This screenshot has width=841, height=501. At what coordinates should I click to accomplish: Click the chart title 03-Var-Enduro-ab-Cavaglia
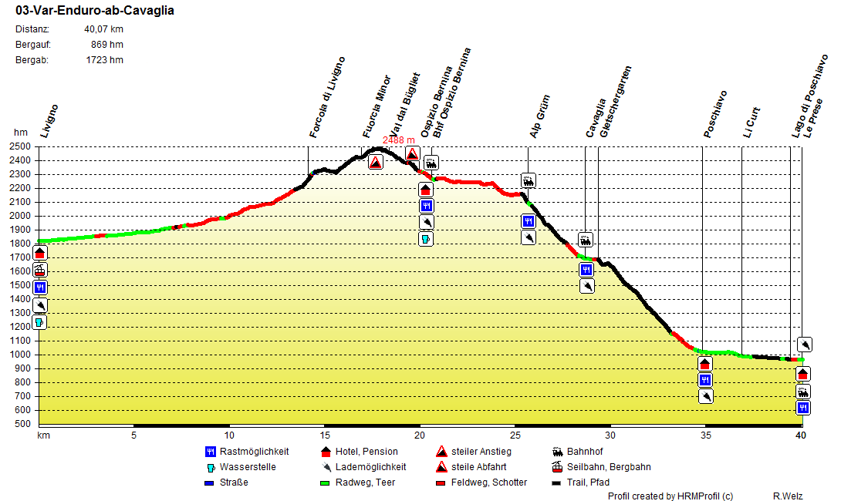94,11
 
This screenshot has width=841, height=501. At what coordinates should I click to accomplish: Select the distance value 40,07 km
103,29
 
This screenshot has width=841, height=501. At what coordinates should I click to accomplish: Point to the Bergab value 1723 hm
104,59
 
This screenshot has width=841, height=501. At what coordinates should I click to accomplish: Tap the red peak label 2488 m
400,140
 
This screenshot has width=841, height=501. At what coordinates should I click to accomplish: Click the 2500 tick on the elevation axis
21,146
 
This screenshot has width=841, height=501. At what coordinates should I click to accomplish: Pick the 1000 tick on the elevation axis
21,355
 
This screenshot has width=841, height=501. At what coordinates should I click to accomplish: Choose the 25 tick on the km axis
515,435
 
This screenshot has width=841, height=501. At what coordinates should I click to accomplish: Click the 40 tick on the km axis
802,435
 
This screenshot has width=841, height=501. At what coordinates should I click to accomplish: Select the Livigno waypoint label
50,121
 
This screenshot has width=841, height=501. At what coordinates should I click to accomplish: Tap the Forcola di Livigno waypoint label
328,97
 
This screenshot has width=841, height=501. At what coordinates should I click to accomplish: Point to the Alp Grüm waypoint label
540,116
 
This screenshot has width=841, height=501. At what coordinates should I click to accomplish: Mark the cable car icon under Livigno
40,270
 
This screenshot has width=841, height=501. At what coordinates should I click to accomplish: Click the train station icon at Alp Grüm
529,181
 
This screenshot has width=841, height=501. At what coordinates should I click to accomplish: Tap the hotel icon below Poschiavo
705,364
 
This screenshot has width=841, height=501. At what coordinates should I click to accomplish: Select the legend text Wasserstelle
248,467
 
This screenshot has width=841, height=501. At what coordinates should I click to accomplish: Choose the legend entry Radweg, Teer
363,483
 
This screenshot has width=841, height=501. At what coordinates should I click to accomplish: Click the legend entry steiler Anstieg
481,452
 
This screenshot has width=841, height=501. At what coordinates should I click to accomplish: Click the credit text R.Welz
788,496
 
